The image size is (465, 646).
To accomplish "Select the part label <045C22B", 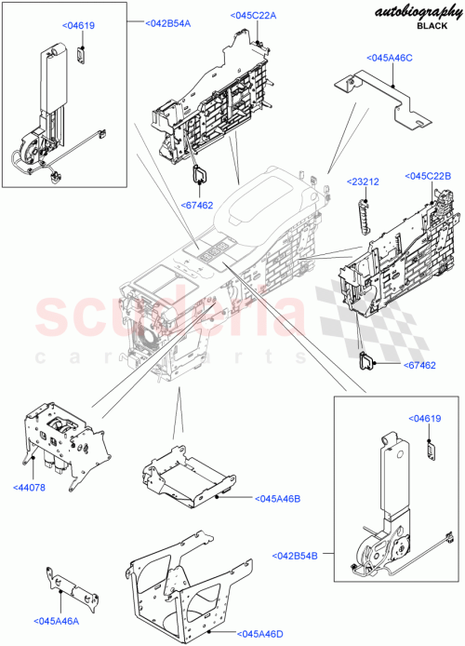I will [x=427, y=175].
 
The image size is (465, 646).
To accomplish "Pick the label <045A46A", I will [x=55, y=622].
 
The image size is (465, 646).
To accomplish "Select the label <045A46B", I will [x=277, y=500].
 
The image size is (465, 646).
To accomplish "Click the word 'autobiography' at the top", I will [x=417, y=11].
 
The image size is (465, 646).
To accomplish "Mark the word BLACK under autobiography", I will [x=431, y=27].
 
